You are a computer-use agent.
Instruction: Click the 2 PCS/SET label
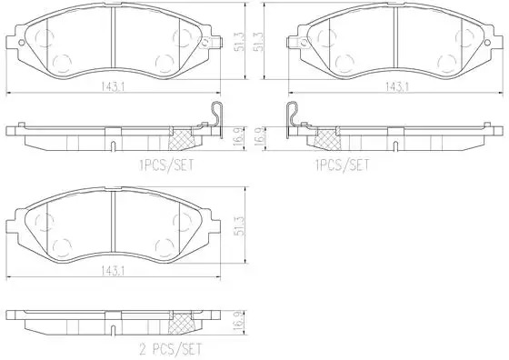coord(171,349)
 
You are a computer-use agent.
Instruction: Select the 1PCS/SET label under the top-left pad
coord(166,165)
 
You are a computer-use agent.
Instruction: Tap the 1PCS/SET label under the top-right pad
coord(342,165)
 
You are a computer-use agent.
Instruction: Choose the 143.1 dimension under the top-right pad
coord(397,86)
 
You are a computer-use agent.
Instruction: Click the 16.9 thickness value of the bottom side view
coord(240,321)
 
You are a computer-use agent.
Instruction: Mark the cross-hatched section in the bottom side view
coord(181,323)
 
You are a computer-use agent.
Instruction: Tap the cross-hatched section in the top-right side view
coord(328,139)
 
